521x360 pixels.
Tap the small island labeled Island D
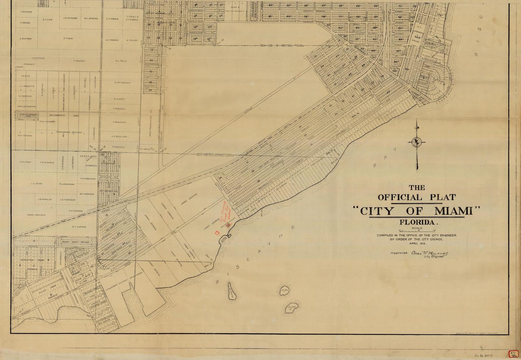[x=291, y=307]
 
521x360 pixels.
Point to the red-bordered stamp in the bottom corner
[x=513, y=354]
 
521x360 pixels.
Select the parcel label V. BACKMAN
[x=26, y=12]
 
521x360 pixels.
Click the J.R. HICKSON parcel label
[x=70, y=18]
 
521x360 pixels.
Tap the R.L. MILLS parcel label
[x=121, y=61]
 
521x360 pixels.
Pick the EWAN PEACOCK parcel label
[x=36, y=215]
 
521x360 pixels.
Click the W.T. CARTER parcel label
[x=79, y=227]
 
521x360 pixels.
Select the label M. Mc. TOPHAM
[x=122, y=83]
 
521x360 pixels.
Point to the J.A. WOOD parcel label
[x=36, y=184]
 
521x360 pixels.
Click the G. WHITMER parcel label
[x=25, y=39]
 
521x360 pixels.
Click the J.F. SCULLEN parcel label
[x=119, y=137]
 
